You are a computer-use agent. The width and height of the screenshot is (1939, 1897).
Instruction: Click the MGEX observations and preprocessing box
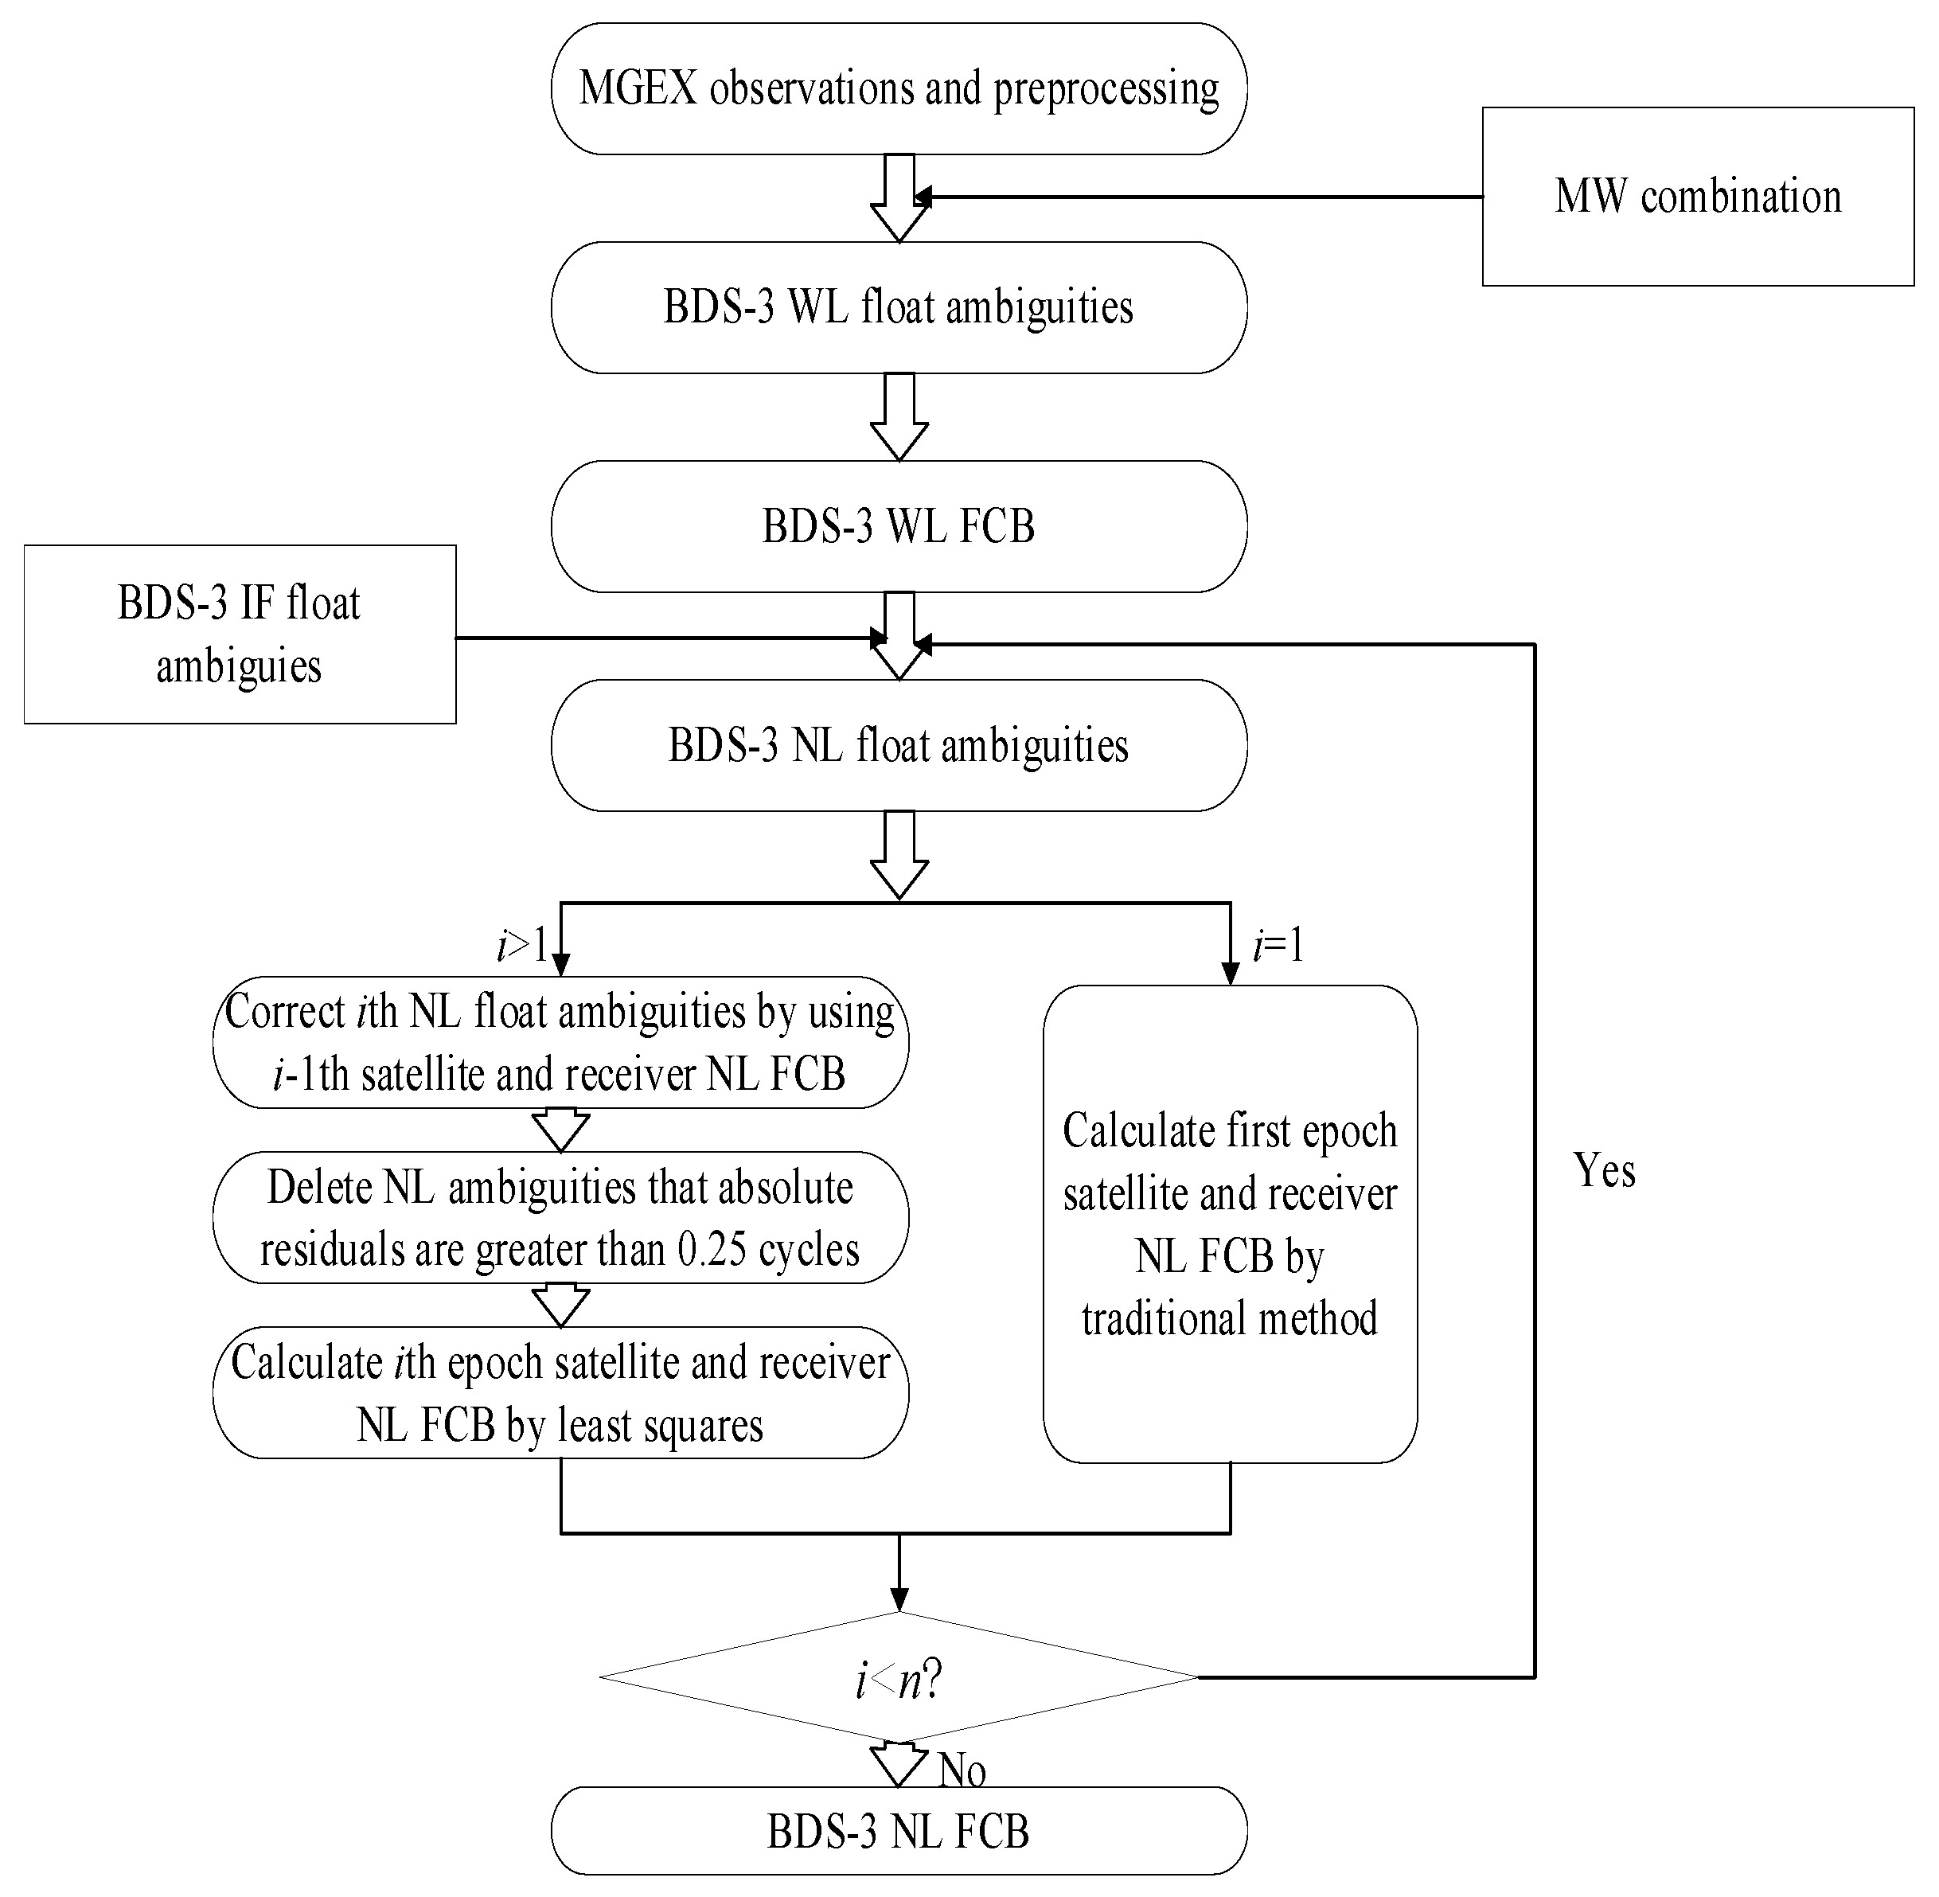point(899,88)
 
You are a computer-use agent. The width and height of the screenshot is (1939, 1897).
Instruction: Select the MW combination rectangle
point(1697,197)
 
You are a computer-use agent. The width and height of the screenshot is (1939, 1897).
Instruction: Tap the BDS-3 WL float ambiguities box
point(899,306)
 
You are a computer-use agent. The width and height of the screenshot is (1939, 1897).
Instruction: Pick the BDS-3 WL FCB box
point(899,526)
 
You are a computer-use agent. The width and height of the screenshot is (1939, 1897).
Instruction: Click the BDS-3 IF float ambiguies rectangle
point(239,634)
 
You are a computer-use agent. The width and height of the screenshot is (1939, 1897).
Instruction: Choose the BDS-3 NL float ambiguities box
point(899,745)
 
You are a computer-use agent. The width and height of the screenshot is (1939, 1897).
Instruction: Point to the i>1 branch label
point(521,944)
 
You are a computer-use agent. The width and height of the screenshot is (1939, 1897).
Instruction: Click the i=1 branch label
point(1278,944)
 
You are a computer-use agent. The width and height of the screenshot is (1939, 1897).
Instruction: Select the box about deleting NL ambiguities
point(560,1217)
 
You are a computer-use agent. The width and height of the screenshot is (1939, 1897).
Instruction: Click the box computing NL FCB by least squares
point(560,1393)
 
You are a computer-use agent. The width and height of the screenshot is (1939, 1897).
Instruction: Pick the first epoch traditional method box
point(1230,1224)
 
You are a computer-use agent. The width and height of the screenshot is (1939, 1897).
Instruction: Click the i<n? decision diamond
point(899,1678)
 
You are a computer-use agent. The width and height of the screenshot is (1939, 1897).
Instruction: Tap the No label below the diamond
point(962,1770)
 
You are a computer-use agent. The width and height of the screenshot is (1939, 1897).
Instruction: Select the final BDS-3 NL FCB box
point(899,1831)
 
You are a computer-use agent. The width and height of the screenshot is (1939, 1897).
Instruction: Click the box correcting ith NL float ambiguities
point(560,1042)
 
